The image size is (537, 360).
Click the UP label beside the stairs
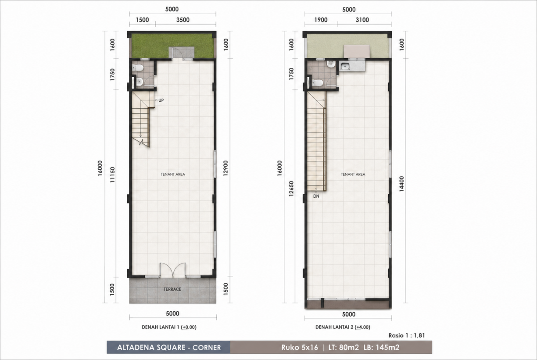[x=161, y=100]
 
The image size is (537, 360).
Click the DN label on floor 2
[x=316, y=196]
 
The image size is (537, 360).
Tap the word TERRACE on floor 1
[x=172, y=289]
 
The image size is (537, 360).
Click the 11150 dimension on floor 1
[x=112, y=175]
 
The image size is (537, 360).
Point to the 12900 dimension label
[x=226, y=168]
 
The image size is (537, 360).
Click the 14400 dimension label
[x=401, y=184]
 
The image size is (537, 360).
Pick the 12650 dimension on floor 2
[x=291, y=189]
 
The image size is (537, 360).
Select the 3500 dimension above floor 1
[x=183, y=20]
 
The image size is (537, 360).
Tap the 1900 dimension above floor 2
[x=321, y=20]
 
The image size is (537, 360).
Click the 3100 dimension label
[x=362, y=20]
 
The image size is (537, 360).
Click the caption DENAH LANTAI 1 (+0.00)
[x=169, y=327]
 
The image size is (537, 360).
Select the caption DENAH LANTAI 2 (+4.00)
[x=343, y=327]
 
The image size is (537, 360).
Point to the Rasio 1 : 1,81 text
[x=407, y=335]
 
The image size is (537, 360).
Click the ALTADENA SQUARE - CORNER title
[x=169, y=348]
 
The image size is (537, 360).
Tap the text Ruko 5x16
[x=300, y=348]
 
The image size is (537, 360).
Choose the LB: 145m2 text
[x=381, y=348]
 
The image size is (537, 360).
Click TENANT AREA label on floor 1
[x=173, y=174]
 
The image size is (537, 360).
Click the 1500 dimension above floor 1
[x=143, y=20]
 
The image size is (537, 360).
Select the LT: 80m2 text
[x=344, y=348]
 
